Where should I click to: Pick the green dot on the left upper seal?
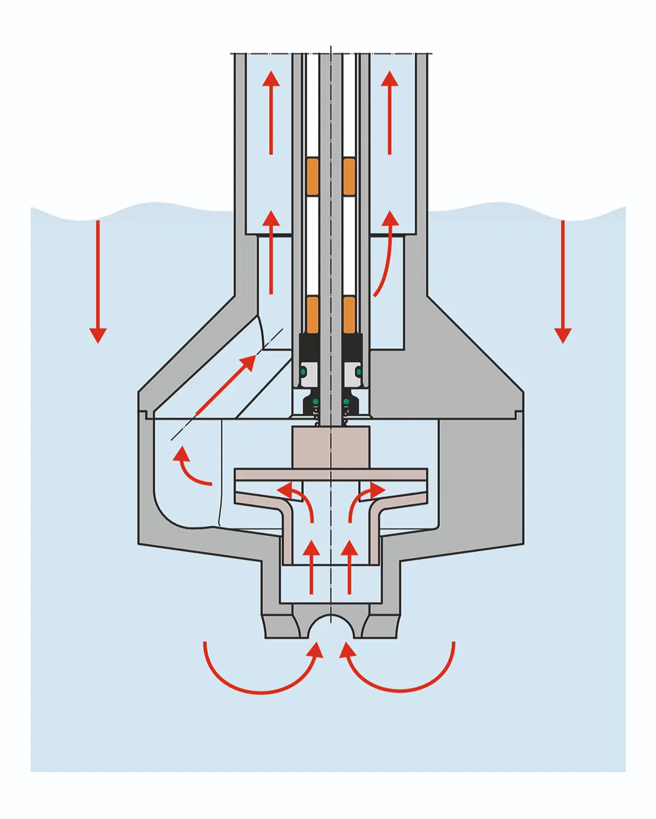(303, 372)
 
